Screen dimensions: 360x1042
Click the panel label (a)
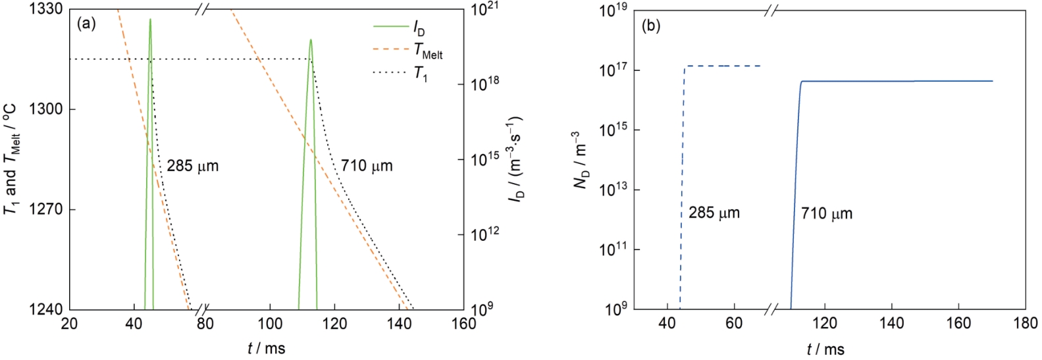pyautogui.click(x=86, y=24)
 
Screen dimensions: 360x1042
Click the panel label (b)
pyautogui.click(x=651, y=26)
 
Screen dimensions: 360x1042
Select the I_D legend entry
pyautogui.click(x=419, y=28)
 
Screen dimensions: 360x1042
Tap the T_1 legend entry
pyautogui.click(x=421, y=73)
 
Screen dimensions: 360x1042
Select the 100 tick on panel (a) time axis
pyautogui.click(x=270, y=324)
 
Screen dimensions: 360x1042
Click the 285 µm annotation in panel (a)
pyautogui.click(x=192, y=166)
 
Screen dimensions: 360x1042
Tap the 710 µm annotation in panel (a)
pyautogui.click(x=367, y=166)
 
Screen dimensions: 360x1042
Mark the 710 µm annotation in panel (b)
pyautogui.click(x=827, y=214)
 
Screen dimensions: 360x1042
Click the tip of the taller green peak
pyautogui.click(x=150, y=19)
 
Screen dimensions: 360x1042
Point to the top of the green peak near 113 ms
pyautogui.click(x=310, y=40)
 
